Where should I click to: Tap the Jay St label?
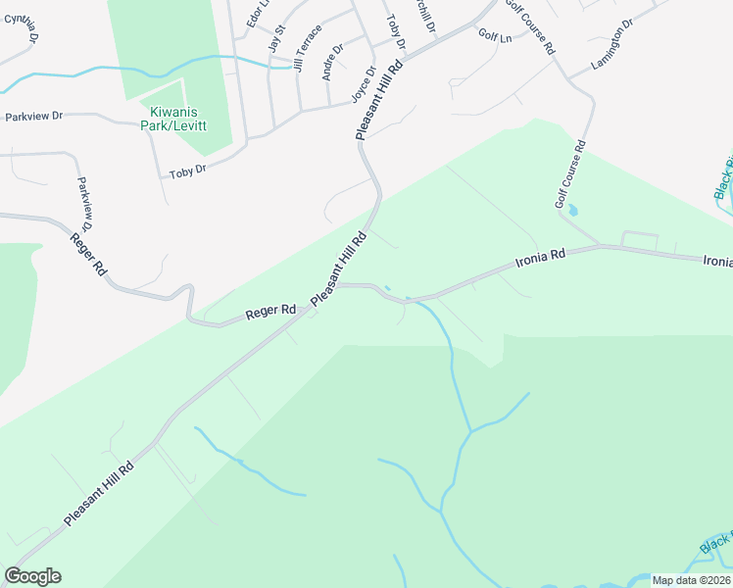tap(275, 39)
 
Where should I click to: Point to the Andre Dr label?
tap(333, 61)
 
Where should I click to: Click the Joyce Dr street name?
tap(364, 84)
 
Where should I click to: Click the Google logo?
tap(32, 576)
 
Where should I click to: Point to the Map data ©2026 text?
tap(691, 580)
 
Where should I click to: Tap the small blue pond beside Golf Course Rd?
tap(573, 210)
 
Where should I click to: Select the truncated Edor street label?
tap(256, 14)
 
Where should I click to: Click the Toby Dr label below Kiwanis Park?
tap(187, 171)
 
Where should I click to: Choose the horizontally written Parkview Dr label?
tap(33, 116)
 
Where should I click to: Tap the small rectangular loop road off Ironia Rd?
tap(640, 239)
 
